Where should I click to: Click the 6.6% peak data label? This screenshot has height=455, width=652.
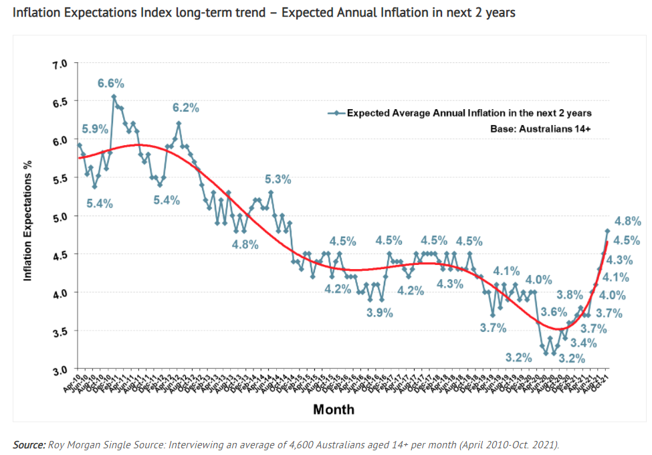(x=111, y=84)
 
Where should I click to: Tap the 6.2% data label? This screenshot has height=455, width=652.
(x=185, y=108)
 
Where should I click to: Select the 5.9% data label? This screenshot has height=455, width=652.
(x=95, y=130)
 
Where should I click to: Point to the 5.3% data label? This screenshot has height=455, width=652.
(x=278, y=179)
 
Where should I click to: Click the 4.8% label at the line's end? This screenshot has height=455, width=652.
(x=628, y=221)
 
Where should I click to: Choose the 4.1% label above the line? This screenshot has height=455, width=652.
(x=506, y=271)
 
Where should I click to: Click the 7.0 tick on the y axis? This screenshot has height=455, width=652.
(x=60, y=64)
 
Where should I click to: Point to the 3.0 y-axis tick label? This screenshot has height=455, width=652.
(x=60, y=369)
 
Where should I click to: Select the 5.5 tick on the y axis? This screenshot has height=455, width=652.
(x=60, y=179)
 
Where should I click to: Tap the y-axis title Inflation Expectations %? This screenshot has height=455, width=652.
(x=28, y=216)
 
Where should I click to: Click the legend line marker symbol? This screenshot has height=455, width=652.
(x=336, y=113)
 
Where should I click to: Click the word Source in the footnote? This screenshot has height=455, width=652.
(x=28, y=444)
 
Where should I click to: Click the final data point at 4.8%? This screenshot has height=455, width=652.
(x=608, y=231)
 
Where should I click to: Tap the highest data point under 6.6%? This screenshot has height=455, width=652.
(x=114, y=96)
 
